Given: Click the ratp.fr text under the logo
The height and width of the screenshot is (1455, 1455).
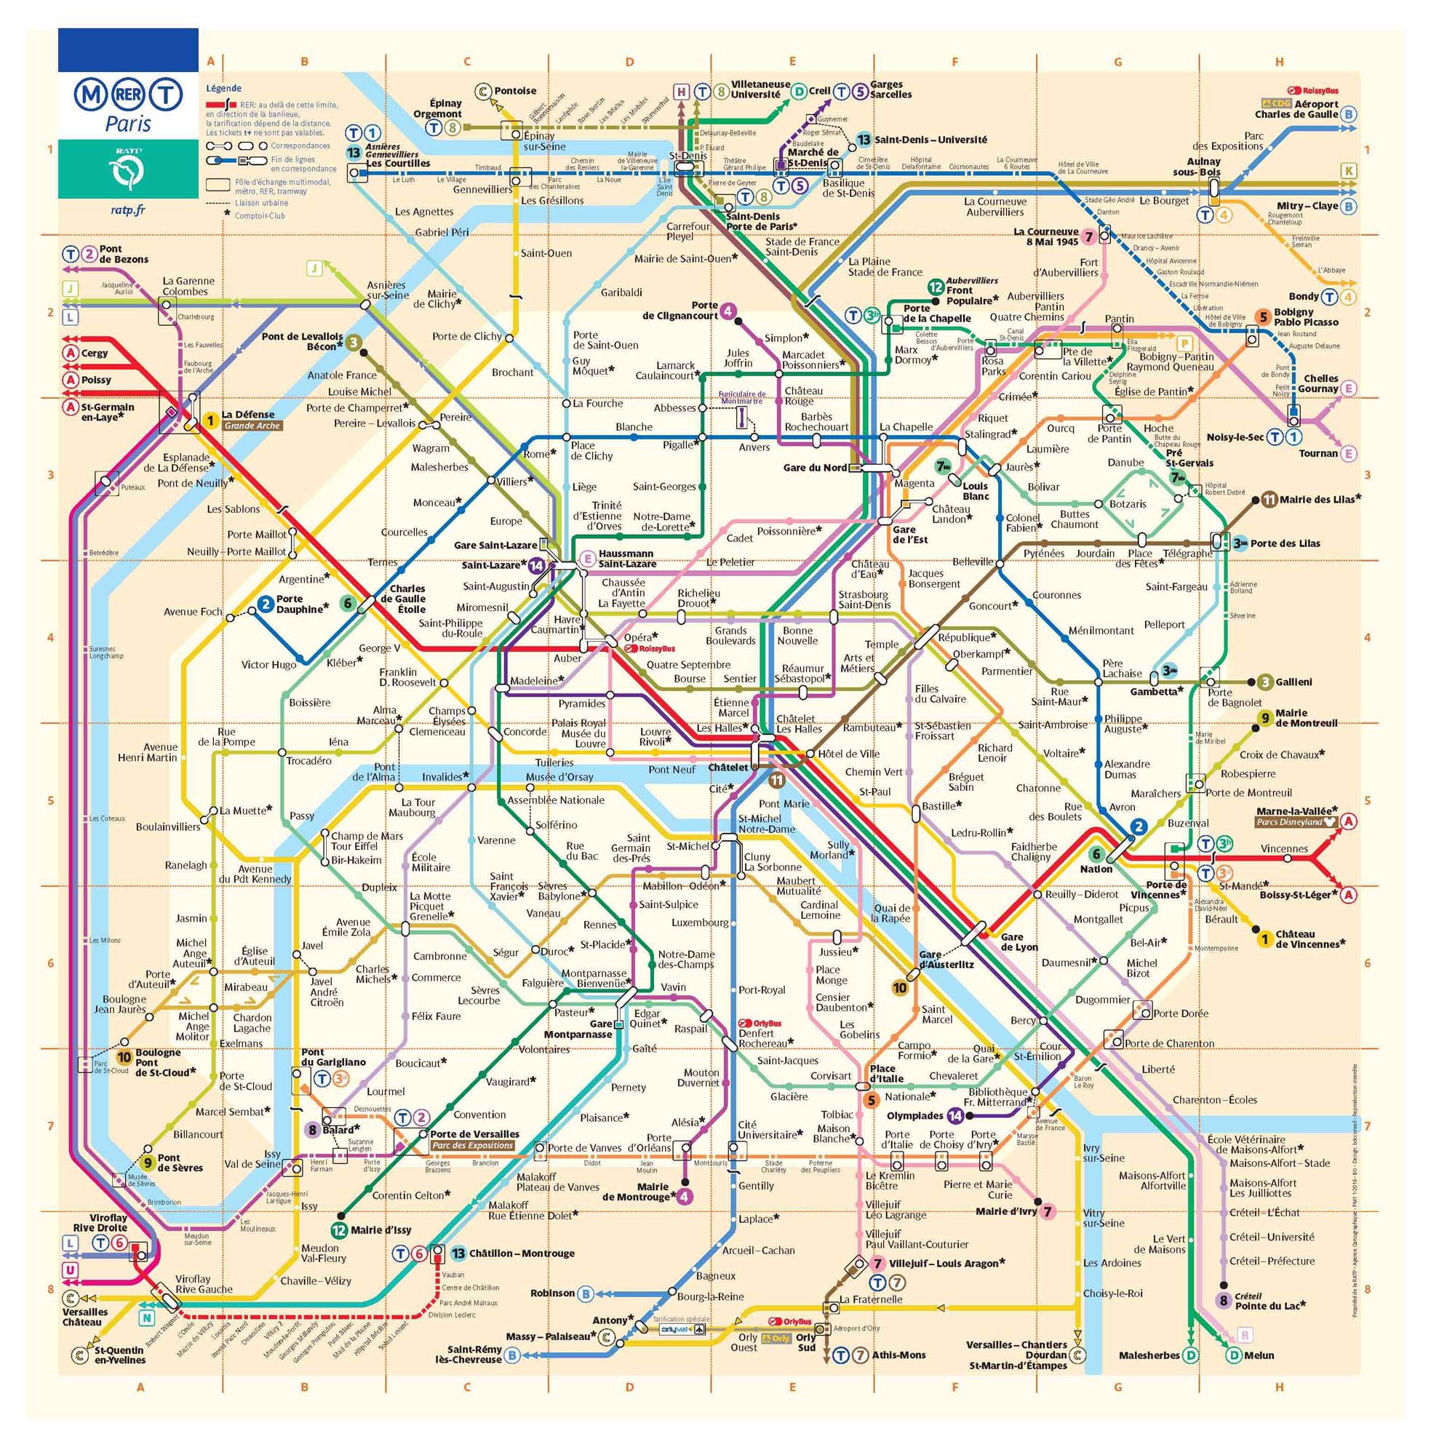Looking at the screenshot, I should tap(127, 210).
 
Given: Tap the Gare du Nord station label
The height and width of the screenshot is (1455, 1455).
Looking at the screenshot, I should tap(814, 468).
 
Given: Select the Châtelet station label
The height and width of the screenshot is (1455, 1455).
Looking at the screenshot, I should tap(727, 768).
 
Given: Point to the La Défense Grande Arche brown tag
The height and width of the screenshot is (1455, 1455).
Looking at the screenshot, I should tap(252, 426).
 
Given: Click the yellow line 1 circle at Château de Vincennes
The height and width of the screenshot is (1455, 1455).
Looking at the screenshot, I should tap(1264, 938).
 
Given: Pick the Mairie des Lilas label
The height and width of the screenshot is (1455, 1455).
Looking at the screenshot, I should tap(1320, 499).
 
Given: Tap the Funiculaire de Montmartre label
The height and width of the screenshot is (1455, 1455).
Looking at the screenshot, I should tap(742, 398).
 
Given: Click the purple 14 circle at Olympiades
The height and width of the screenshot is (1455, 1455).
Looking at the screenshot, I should tap(955, 1115).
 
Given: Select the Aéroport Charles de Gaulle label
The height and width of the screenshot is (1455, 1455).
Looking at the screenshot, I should tap(1296, 109).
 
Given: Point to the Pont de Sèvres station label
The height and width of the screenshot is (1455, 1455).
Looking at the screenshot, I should tap(179, 1163).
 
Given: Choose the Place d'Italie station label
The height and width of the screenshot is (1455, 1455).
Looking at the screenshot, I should tap(882, 1073).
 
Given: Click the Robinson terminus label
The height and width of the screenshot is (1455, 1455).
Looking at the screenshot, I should tap(552, 1293).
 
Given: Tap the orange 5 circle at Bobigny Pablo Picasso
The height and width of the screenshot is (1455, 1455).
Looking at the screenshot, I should tap(1263, 317).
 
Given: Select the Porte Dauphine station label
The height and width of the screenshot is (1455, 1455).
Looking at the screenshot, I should tap(300, 604).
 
